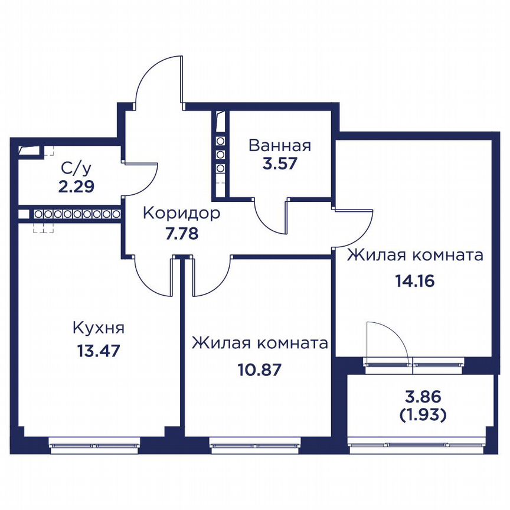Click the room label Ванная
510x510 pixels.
(x=280, y=146)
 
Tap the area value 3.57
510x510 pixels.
(x=280, y=164)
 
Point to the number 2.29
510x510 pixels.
(x=76, y=187)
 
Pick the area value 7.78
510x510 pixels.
(x=182, y=234)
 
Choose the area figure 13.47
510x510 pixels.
(x=99, y=351)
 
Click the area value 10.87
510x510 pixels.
(x=259, y=370)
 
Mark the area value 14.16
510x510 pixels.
(x=415, y=281)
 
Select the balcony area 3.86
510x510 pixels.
(x=423, y=397)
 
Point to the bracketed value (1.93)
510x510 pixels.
(x=423, y=415)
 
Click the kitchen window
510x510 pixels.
(x=94, y=444)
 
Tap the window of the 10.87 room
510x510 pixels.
(x=256, y=444)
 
